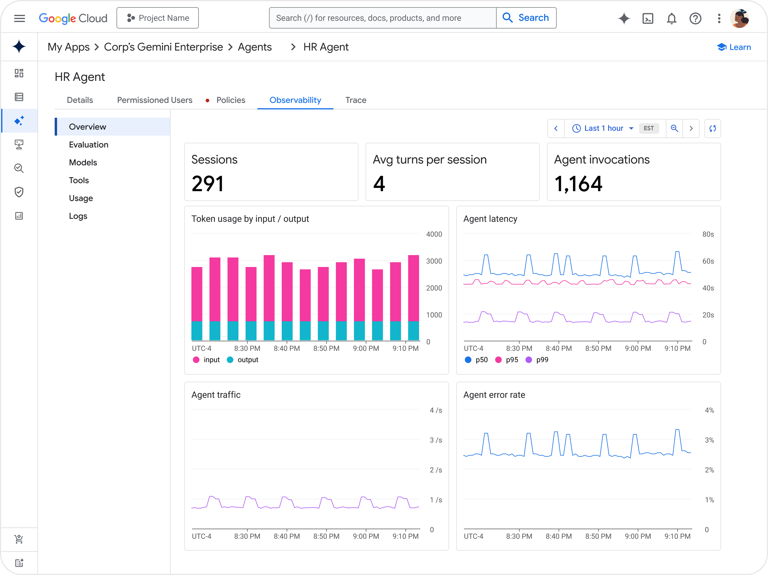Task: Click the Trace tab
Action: click(x=355, y=100)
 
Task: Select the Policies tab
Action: click(x=231, y=100)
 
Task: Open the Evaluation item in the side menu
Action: click(x=89, y=144)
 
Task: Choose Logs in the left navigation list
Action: click(x=78, y=216)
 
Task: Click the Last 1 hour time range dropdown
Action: click(x=603, y=128)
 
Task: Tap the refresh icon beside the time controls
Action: click(x=712, y=128)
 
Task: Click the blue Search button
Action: click(x=526, y=18)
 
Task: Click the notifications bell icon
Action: click(x=671, y=18)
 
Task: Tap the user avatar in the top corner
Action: click(x=739, y=18)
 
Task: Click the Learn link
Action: click(x=734, y=47)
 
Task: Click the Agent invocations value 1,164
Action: click(x=578, y=184)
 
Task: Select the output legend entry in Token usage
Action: click(x=243, y=360)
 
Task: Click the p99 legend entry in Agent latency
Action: click(x=537, y=360)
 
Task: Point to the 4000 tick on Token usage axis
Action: click(x=434, y=234)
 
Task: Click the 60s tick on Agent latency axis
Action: click(x=708, y=261)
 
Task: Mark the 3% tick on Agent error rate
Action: click(x=709, y=440)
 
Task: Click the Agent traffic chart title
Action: click(x=216, y=395)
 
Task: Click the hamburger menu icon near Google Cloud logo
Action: click(x=19, y=18)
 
